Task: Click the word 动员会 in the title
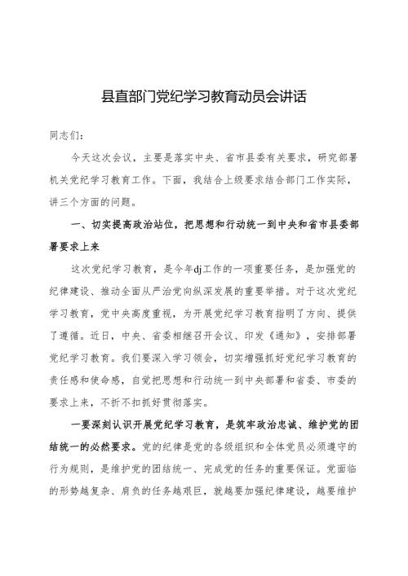(251, 96)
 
